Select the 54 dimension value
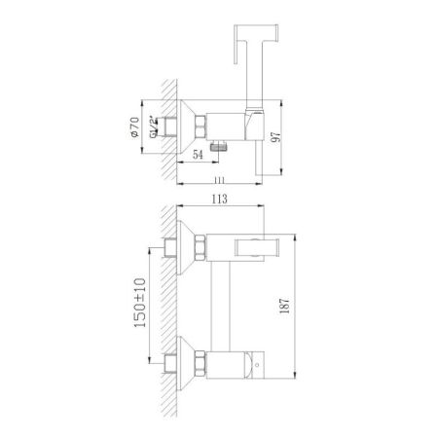pyautogui.click(x=198, y=155)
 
